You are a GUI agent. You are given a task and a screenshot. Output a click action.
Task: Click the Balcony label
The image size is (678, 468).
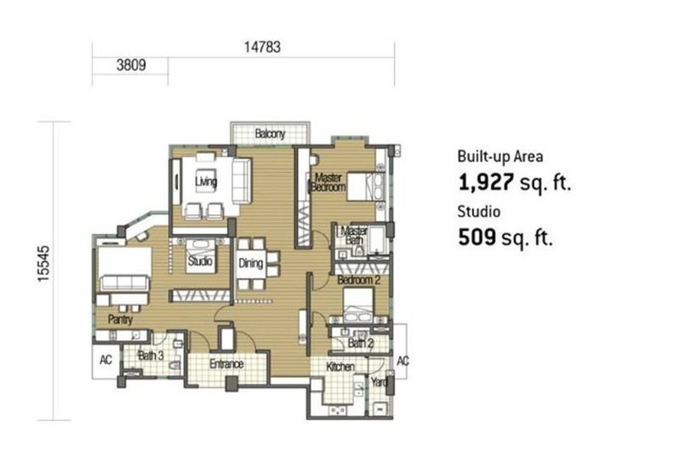[x=270, y=134]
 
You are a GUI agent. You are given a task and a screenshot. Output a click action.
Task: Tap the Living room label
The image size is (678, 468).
[x=205, y=181]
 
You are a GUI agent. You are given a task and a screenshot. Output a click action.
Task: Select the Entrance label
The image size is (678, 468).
[x=226, y=365]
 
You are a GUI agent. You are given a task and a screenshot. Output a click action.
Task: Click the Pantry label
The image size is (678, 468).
[x=119, y=320]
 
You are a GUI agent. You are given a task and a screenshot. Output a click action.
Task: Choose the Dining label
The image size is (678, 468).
[x=251, y=264]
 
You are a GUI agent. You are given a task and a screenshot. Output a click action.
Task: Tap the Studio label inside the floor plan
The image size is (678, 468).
[x=200, y=261]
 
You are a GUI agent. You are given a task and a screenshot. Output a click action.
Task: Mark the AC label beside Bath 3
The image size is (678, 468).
[x=105, y=359]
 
